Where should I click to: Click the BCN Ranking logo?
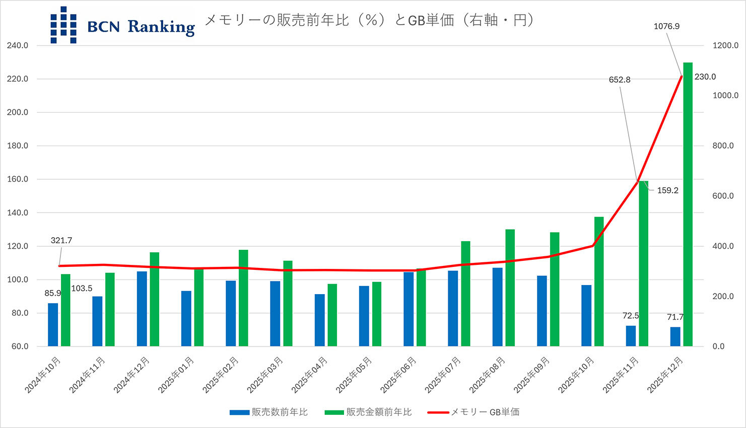[x=122, y=25]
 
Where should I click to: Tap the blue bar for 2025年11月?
[x=631, y=336]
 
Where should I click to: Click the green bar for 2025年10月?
[x=599, y=281]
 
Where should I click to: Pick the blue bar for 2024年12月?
[x=142, y=309]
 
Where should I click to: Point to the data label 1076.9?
[x=666, y=26]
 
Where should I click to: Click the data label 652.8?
[x=620, y=80]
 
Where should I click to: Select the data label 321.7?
[x=61, y=241]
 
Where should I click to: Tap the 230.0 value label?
[x=705, y=77]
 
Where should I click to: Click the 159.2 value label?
[x=667, y=190]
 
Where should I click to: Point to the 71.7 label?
[x=675, y=317]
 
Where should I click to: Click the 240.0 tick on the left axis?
[x=18, y=45]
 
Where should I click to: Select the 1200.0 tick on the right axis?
[x=725, y=45]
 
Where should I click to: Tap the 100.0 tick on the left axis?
[x=18, y=279]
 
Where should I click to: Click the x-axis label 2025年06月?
[x=398, y=375]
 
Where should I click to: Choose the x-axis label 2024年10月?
[x=43, y=375]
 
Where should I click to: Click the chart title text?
[x=370, y=20]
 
